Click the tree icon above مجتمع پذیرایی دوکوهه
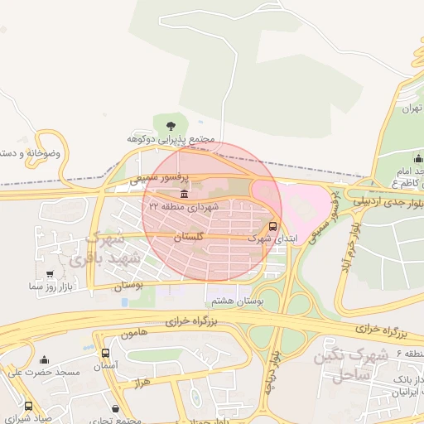coord(171,126)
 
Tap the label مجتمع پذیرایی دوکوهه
coord(171,138)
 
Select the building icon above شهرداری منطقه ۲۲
coord(183,194)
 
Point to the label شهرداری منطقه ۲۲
coord(184,206)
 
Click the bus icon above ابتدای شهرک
coord(273,225)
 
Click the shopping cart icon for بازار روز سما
coord(51,274)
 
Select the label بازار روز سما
coord(51,286)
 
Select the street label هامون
coord(132,334)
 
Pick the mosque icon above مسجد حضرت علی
coord(44,360)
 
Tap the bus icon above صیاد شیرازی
coord(29,407)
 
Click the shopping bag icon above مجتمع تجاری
coord(114,409)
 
